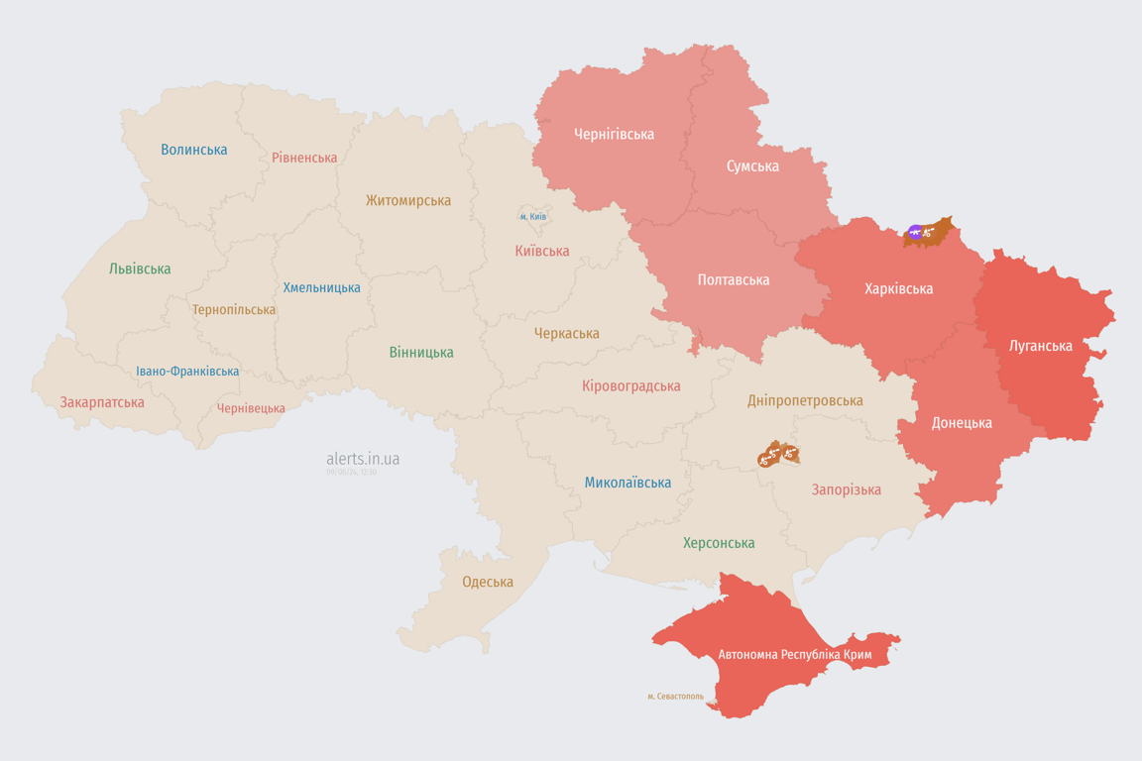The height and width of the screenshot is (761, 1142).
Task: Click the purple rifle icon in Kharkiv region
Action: click(x=915, y=234)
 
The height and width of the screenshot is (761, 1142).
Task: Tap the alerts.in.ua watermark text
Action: click(x=363, y=459)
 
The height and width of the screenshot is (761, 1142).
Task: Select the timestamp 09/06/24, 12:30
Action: click(x=351, y=472)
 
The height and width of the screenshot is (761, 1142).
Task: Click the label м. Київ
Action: click(x=532, y=216)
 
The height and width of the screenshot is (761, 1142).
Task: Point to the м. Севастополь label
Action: click(x=675, y=696)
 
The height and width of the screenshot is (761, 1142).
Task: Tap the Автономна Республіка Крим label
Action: click(x=795, y=655)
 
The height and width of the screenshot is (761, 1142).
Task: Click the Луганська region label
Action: click(x=1040, y=346)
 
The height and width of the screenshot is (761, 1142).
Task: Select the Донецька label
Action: click(x=961, y=423)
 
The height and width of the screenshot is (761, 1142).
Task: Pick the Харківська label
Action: click(x=898, y=289)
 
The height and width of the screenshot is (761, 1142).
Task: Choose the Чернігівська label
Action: click(x=614, y=134)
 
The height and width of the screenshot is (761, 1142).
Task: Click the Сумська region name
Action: click(x=752, y=165)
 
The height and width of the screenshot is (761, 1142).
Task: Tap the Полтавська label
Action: click(x=733, y=279)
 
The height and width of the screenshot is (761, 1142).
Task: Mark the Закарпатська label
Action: click(x=102, y=402)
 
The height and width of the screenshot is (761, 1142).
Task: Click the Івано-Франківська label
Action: click(x=187, y=372)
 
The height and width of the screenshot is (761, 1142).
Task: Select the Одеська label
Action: click(x=488, y=582)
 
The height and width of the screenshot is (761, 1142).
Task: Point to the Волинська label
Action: click(x=193, y=150)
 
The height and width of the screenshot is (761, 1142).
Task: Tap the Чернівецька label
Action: click(x=251, y=408)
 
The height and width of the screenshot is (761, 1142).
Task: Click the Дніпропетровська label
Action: click(x=805, y=400)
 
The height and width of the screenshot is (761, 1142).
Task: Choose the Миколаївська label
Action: click(x=628, y=483)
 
